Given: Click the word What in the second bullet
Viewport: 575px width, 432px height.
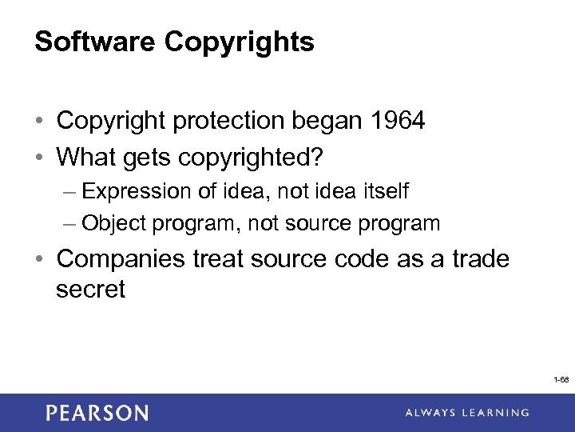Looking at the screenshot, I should click(x=86, y=157).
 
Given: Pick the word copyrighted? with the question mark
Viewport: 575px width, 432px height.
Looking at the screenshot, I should click(x=256, y=158).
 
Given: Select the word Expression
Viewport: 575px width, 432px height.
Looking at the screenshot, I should click(x=137, y=192).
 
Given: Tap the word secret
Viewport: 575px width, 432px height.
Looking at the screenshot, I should click(x=90, y=289).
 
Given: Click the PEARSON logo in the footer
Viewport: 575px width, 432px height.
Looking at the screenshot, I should click(x=97, y=413).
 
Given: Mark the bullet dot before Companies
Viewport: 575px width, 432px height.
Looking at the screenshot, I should click(x=40, y=260).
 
